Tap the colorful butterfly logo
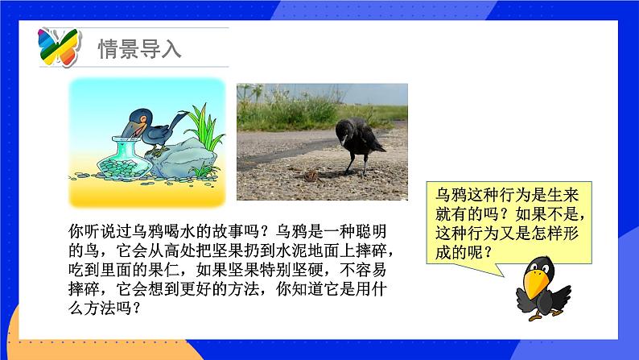click(59, 47)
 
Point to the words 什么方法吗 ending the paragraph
click(102, 308)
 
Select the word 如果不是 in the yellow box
click(542, 216)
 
